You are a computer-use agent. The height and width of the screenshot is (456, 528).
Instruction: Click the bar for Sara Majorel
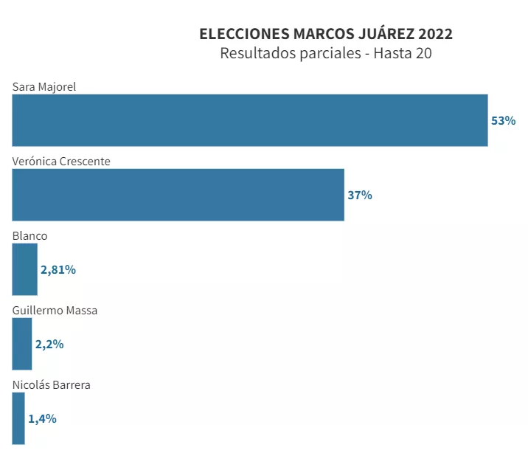pos(249,120)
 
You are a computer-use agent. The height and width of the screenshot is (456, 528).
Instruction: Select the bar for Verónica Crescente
pos(178,195)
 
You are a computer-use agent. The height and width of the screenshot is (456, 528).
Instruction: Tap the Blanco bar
pos(24,269)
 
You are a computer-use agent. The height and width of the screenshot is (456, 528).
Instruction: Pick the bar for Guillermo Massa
pos(22,344)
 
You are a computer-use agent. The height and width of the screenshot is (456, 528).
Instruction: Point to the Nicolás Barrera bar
pos(18,418)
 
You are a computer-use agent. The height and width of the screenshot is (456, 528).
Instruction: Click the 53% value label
pos(504,120)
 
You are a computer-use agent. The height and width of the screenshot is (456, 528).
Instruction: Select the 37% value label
pos(360,195)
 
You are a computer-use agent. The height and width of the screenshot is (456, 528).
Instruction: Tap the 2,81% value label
pos(58,269)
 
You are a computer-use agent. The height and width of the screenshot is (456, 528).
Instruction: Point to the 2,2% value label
pos(49,344)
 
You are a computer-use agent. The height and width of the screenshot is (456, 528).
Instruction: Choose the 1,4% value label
pos(42,418)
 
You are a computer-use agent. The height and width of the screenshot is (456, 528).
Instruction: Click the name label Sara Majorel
pos(44,86)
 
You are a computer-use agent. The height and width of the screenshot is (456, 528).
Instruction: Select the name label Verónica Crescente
pos(61,161)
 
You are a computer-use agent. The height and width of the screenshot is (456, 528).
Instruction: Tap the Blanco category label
pos(29,235)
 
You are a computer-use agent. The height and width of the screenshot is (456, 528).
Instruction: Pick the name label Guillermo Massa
pos(55,310)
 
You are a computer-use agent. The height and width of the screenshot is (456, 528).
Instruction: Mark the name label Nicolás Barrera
pos(52,384)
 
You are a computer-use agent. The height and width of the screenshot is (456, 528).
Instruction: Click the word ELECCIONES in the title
pos(244,34)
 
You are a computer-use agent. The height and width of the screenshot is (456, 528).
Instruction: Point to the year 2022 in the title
pos(435,34)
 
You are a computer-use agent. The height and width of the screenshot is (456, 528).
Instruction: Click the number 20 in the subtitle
pos(423,54)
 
